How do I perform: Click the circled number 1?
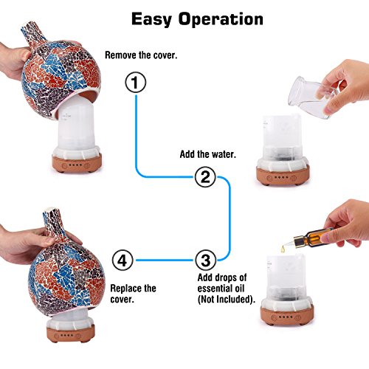pos(136,82)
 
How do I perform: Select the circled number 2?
pos(205,176)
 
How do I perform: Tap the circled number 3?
pos(206,261)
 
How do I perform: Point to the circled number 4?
pos(123,261)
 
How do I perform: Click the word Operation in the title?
pos(221,19)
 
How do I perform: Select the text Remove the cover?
pos(141,55)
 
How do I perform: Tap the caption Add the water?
pos(208,154)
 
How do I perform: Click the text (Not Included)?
pos(227,300)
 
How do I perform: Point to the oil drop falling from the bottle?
pos(283,249)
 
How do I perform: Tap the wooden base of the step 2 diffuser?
pos(283,175)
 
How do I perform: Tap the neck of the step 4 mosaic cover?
pos(53,224)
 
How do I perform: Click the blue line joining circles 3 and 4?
pos(165,261)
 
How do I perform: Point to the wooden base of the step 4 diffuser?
pos(71,334)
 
